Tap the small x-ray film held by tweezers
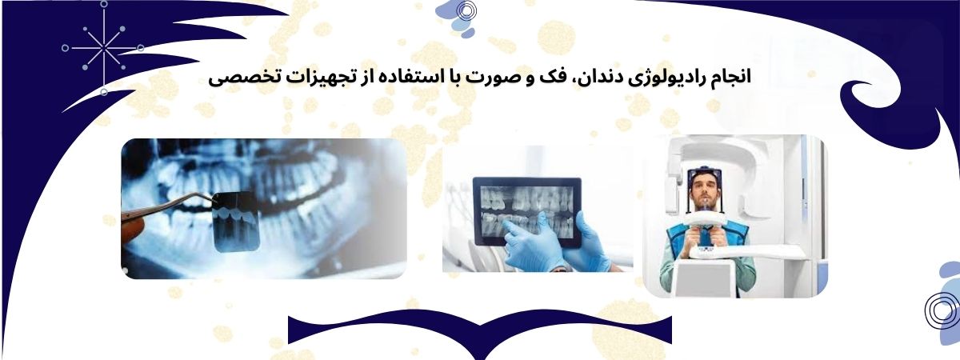click(237, 221)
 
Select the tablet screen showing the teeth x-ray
click(527, 212)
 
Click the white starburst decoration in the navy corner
click(103, 48)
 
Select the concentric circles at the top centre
click(466, 10)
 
